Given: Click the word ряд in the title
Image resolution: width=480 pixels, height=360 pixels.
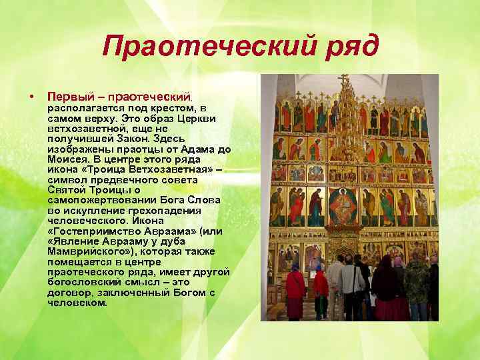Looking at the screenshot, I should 347,46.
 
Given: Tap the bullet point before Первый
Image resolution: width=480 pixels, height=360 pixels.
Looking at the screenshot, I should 31,97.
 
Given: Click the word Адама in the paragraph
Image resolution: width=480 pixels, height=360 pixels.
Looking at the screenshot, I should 203,150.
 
